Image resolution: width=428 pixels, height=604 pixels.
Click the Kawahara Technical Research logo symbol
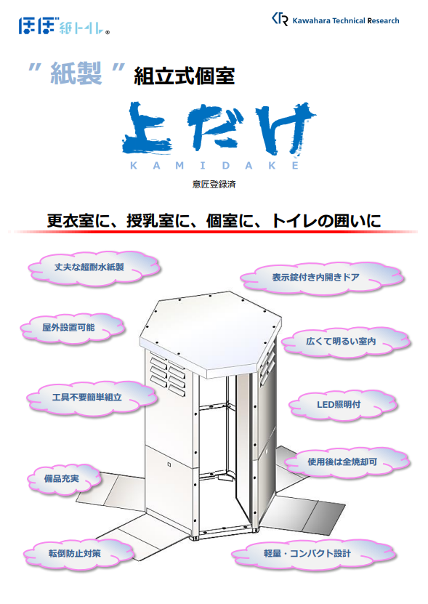(280, 19)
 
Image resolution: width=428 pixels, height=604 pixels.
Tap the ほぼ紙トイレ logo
(64, 26)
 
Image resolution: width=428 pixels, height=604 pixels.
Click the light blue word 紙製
(76, 73)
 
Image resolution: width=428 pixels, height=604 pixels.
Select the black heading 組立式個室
(184, 76)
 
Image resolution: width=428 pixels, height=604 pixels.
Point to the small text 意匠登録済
(214, 185)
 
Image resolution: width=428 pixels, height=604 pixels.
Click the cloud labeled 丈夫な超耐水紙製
(94, 268)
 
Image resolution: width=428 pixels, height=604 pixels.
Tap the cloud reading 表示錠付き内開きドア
(321, 278)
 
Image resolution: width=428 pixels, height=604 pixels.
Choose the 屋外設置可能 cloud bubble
(73, 329)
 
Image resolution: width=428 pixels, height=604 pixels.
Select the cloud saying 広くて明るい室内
(346, 342)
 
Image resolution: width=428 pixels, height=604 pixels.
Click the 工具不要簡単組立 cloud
(92, 398)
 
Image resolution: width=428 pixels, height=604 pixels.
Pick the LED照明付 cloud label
(342, 405)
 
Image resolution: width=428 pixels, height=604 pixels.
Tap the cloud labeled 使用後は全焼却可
(347, 462)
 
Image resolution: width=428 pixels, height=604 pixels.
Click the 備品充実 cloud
(65, 480)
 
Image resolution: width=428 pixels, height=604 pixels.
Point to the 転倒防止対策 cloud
(78, 554)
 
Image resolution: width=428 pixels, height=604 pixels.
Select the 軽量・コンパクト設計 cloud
(312, 555)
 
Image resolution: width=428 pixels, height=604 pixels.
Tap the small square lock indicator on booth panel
(169, 464)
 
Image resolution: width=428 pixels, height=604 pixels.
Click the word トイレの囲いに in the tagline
(326, 221)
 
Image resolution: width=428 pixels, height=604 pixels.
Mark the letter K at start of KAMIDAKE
(134, 166)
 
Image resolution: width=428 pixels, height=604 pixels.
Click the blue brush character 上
(148, 129)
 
